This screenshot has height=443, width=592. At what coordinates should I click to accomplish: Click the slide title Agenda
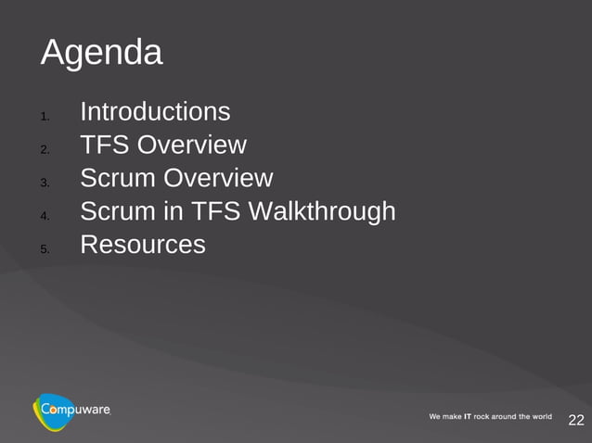[x=101, y=54]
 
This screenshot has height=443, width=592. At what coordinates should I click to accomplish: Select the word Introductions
[x=155, y=112]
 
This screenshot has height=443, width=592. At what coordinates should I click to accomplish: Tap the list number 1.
[x=44, y=117]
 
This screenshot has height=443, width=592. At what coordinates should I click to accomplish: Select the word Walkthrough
[x=322, y=212]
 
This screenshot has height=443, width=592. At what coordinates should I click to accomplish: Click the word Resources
[x=143, y=246]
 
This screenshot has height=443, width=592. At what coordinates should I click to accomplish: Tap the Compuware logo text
[x=77, y=409]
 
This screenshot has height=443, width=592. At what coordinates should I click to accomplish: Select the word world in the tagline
[x=540, y=417]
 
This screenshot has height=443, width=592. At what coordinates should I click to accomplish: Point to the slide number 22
[x=575, y=421]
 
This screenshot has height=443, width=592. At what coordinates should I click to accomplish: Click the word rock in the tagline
[x=487, y=417]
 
